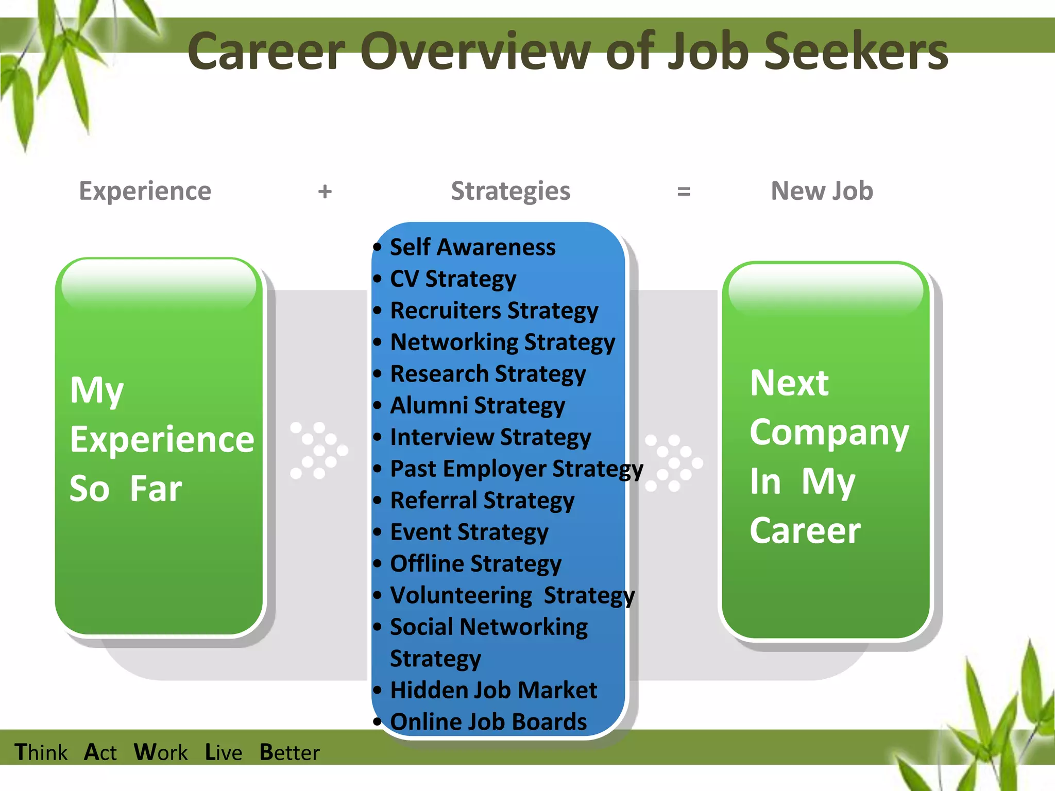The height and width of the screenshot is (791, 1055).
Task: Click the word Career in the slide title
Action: point(266,51)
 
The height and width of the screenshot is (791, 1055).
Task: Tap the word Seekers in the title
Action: point(855,51)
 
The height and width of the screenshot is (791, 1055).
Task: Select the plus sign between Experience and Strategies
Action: point(325,192)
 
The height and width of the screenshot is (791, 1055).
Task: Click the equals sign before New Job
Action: point(683,192)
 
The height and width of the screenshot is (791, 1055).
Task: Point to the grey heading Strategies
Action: point(511,192)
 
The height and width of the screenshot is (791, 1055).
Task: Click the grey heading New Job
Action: point(822,191)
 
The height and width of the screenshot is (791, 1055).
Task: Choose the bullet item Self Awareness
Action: point(472,247)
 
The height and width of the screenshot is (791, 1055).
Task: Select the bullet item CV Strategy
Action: point(453,279)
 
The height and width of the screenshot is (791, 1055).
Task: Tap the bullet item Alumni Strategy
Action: point(478,406)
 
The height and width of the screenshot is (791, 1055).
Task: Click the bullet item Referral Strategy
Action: point(482,501)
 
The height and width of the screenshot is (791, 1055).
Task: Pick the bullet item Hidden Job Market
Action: point(494,690)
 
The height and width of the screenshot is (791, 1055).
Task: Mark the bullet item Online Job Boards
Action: point(488,722)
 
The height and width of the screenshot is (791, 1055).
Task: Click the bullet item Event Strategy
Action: point(469,532)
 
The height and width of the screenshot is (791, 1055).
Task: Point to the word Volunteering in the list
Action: point(461,595)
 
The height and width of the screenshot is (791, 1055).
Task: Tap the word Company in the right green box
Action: point(829,433)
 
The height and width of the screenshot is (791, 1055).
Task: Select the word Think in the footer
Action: point(41,752)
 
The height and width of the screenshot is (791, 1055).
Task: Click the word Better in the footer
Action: point(290,752)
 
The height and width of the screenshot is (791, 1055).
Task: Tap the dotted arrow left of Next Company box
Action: point(673,462)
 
